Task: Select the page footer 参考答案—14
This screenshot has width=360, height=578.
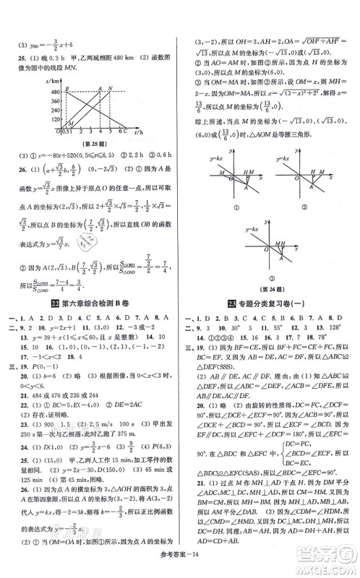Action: click(x=180, y=567)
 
